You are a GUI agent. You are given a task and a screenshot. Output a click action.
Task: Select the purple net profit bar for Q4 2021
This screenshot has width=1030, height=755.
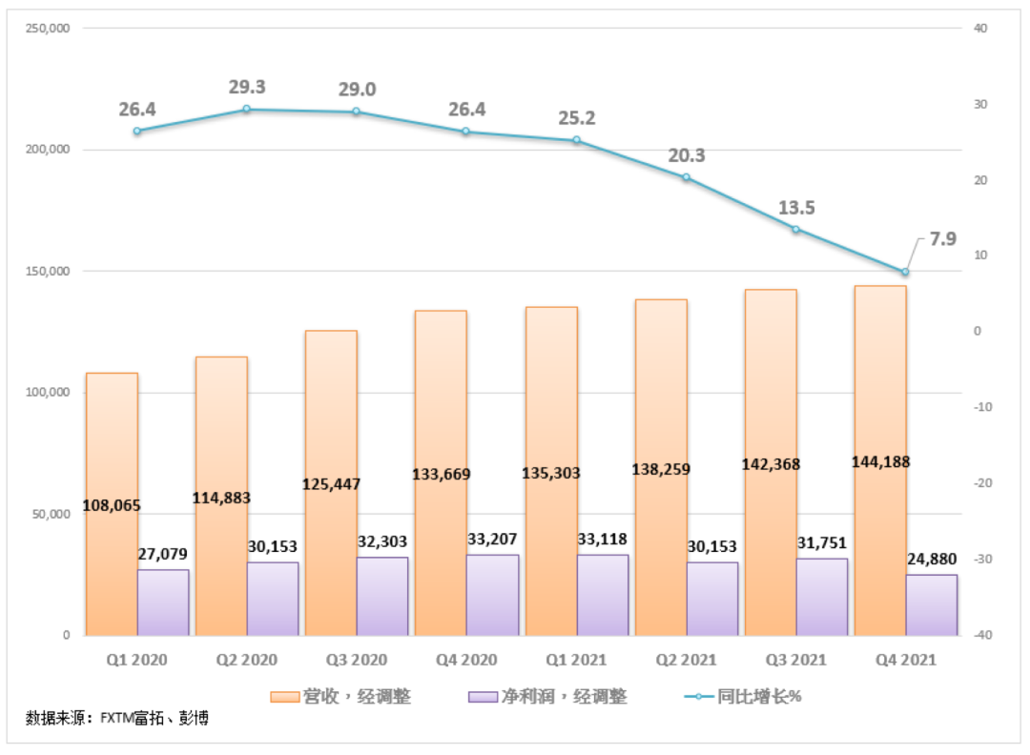[x=932, y=604]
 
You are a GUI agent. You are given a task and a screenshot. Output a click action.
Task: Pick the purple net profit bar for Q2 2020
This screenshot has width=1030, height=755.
[x=273, y=599]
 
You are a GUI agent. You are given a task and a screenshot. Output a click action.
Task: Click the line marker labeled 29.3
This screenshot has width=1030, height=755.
[x=247, y=110]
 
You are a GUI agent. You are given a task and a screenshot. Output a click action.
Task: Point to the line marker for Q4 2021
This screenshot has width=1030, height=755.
[x=905, y=272]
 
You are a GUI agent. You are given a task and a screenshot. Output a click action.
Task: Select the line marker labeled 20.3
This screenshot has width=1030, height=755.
[x=686, y=178]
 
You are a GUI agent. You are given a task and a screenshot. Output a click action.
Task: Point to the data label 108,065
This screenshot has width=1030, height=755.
[x=112, y=505]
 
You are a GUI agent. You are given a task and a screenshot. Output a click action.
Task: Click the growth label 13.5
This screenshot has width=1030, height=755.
[x=796, y=209]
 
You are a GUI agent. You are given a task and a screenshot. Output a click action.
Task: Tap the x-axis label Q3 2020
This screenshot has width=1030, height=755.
[x=356, y=660]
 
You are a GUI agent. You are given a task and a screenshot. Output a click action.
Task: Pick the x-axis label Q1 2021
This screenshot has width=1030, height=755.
[x=576, y=660]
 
